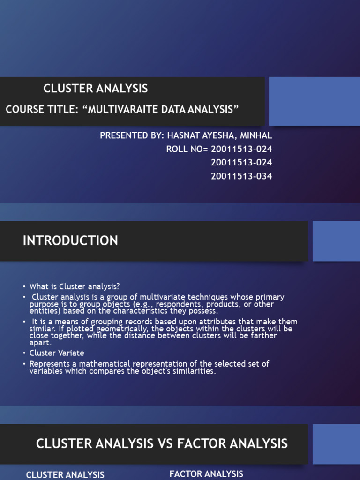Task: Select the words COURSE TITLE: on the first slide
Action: coord(41,109)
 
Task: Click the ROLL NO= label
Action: coord(187,149)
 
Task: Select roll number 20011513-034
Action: coord(241,176)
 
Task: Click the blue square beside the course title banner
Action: coord(314,101)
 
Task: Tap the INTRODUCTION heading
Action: coord(70,241)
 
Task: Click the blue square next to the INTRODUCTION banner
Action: coord(336,241)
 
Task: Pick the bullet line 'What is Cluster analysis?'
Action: coord(70,286)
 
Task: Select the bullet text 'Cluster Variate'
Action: coord(57,352)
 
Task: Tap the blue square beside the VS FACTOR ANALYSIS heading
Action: coord(336,444)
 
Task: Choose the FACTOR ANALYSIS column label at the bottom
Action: coord(206,474)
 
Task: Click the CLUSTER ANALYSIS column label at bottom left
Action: coord(65,475)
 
